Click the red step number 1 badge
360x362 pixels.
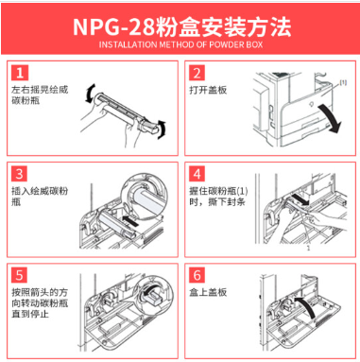click(20, 73)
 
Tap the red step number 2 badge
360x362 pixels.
click(197, 73)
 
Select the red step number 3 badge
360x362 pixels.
click(20, 174)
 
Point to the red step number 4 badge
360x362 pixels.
click(197, 174)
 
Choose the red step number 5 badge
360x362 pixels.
click(20, 275)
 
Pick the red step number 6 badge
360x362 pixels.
click(197, 275)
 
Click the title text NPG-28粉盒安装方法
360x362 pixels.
click(181, 26)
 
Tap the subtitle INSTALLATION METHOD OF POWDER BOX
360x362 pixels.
click(180, 44)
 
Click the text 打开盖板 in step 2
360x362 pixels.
click(208, 90)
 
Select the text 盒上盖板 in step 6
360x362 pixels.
click(208, 292)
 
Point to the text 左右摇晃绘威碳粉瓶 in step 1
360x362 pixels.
click(40, 95)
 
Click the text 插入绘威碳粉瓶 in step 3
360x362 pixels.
click(40, 197)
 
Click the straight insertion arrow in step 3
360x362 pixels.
click(130, 220)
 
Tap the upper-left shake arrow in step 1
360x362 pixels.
click(89, 94)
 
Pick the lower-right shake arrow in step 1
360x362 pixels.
click(162, 129)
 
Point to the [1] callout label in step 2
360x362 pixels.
click(343, 82)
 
